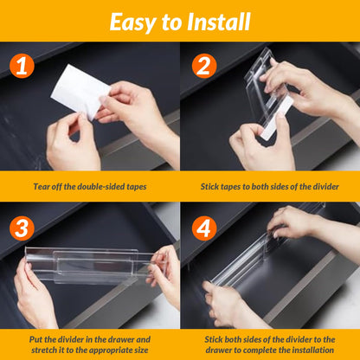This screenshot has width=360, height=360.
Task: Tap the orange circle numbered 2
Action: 205,67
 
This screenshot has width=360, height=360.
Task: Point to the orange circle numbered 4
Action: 205,228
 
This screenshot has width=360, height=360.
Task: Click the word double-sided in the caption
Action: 100,185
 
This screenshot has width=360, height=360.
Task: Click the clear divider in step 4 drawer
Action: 260,260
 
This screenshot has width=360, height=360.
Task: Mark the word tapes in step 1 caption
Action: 134,185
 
